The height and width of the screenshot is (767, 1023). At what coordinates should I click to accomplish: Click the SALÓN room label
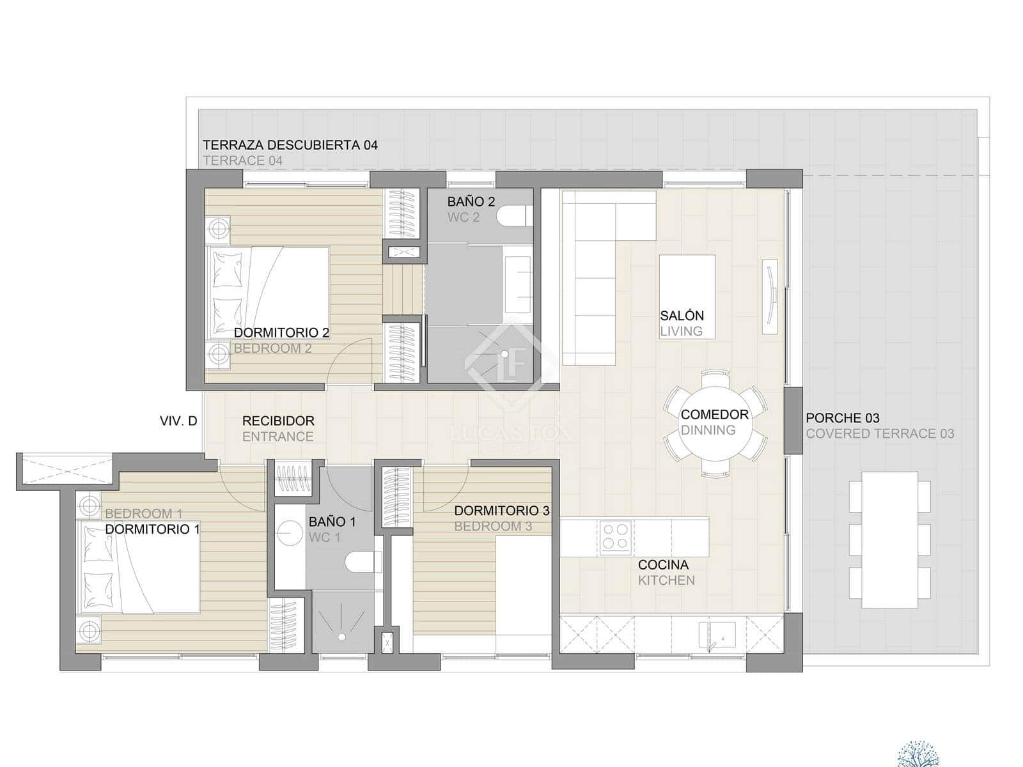[x=682, y=316]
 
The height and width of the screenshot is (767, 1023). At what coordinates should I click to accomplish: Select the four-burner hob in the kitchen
[x=616, y=537]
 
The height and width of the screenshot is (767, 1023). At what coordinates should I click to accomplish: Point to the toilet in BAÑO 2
[x=515, y=216]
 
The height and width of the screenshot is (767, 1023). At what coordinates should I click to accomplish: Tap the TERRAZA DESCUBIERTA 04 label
[x=290, y=145]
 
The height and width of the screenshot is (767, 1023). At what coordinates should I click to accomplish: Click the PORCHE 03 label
[x=842, y=418]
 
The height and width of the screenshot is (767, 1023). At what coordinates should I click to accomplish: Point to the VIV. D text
[x=178, y=421]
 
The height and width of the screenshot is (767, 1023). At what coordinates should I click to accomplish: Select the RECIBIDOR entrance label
[x=278, y=421]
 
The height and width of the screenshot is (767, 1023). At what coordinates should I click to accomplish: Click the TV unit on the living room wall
[x=770, y=296]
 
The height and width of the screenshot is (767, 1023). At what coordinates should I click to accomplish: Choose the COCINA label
[x=663, y=565]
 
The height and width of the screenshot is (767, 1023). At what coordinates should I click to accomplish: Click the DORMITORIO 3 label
[x=501, y=511]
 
